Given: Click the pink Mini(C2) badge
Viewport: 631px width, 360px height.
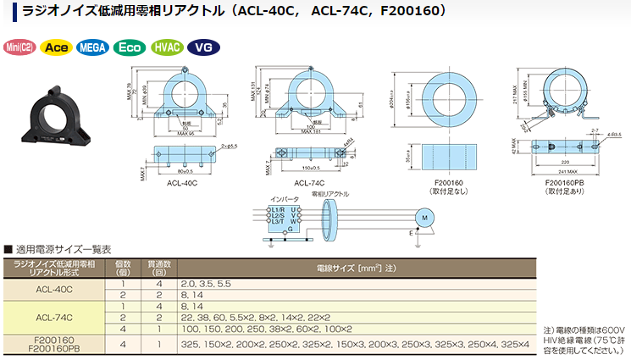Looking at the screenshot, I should pyautogui.click(x=19, y=47).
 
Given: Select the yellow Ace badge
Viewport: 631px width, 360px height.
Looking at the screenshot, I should pyautogui.click(x=57, y=47).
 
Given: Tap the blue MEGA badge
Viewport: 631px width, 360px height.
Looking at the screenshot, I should pyautogui.click(x=92, y=47).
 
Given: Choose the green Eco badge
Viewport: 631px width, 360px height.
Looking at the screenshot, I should pyautogui.click(x=130, y=47).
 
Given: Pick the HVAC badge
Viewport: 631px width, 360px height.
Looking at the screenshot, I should pyautogui.click(x=166, y=47).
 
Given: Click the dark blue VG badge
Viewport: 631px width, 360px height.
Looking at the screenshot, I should pyautogui.click(x=202, y=47).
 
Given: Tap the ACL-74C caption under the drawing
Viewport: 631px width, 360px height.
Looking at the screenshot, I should pyautogui.click(x=311, y=183).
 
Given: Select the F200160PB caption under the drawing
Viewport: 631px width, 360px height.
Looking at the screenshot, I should pyautogui.click(x=562, y=181).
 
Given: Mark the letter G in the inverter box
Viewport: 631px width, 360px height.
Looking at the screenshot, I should pyautogui.click(x=291, y=229).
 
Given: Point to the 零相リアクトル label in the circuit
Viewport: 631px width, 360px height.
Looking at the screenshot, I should pyautogui.click(x=331, y=194).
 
